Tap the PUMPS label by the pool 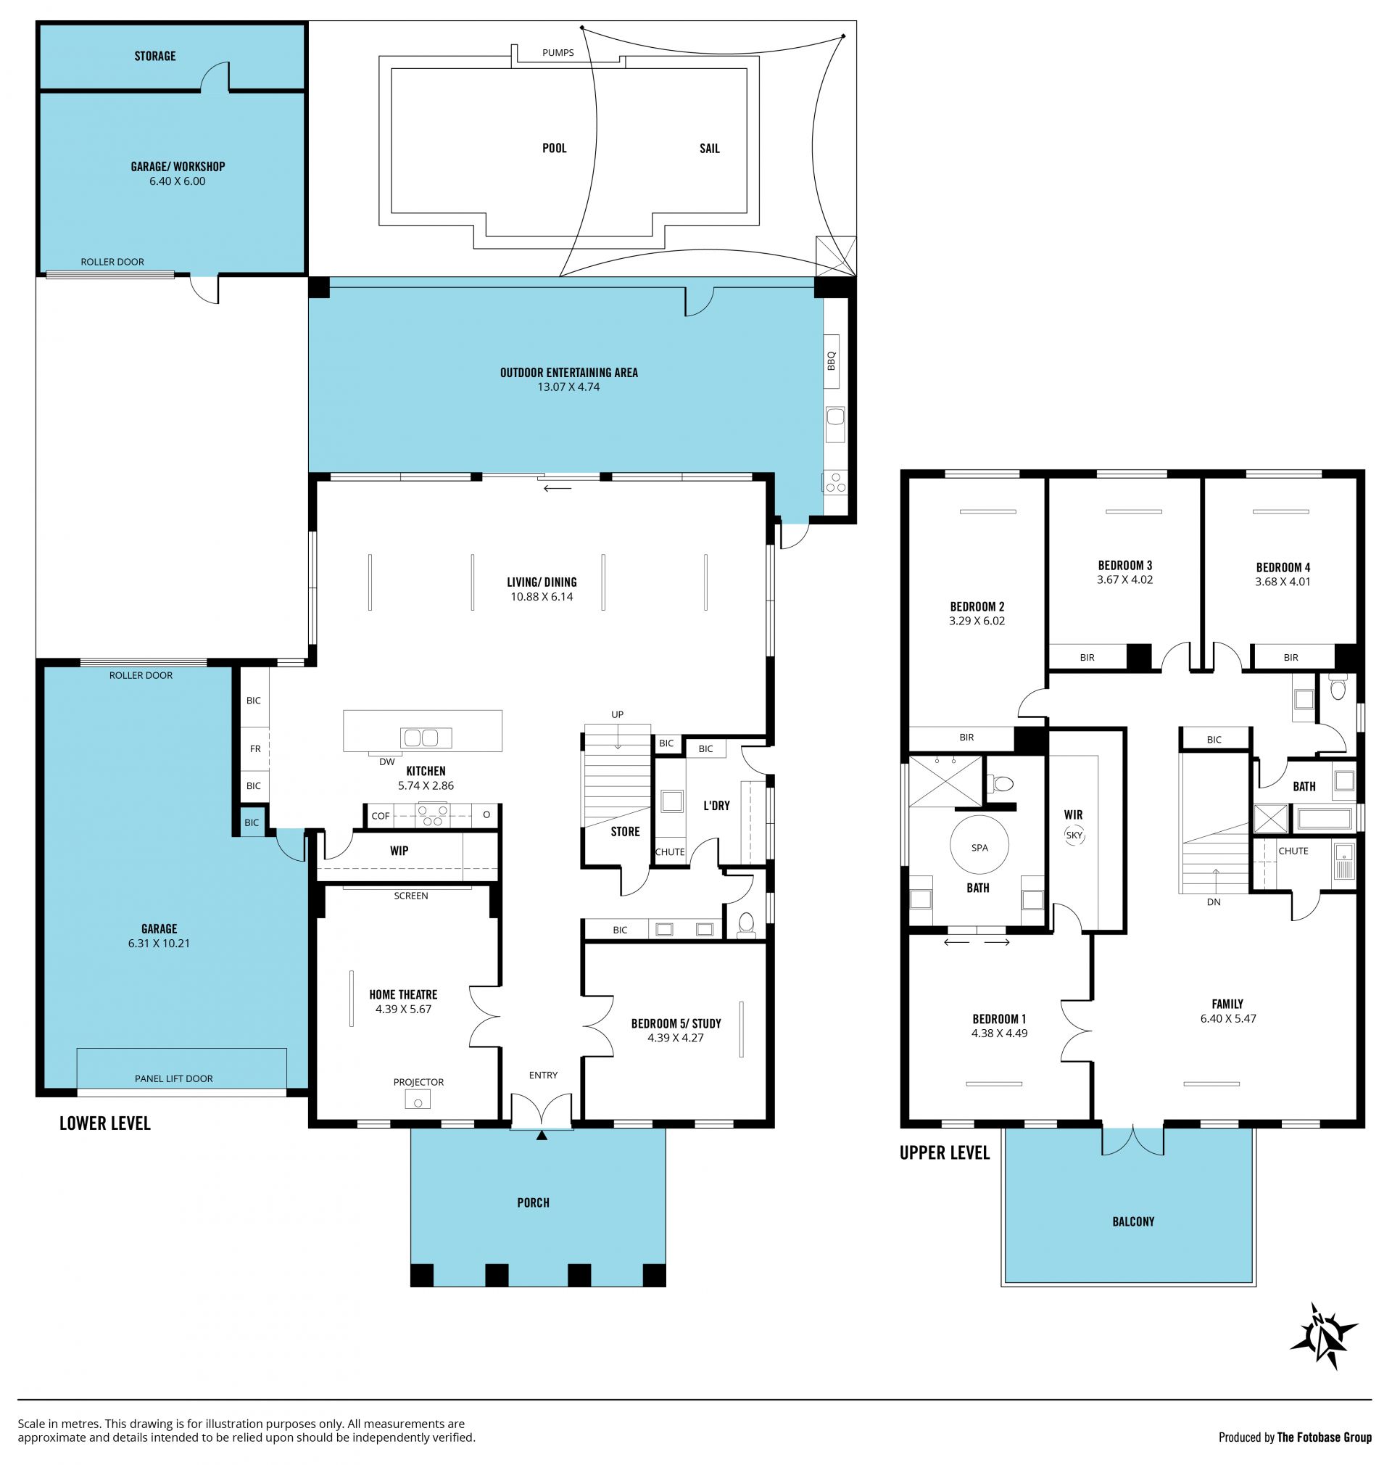point(558,53)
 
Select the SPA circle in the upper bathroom point(979,847)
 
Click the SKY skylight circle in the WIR point(1074,835)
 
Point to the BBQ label point(831,360)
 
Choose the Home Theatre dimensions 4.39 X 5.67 point(403,1009)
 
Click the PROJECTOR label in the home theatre point(418,1082)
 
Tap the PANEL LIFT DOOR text point(173,1078)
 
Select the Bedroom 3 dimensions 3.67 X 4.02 point(1125,579)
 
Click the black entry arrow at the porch point(542,1135)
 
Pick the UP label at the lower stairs point(618,714)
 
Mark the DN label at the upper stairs point(1214,901)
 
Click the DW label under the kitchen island point(386,762)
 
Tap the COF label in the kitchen point(381,816)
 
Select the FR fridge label point(255,749)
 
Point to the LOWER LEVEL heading point(104,1123)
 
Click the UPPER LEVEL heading point(945,1152)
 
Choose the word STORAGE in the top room point(155,56)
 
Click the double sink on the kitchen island point(426,738)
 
